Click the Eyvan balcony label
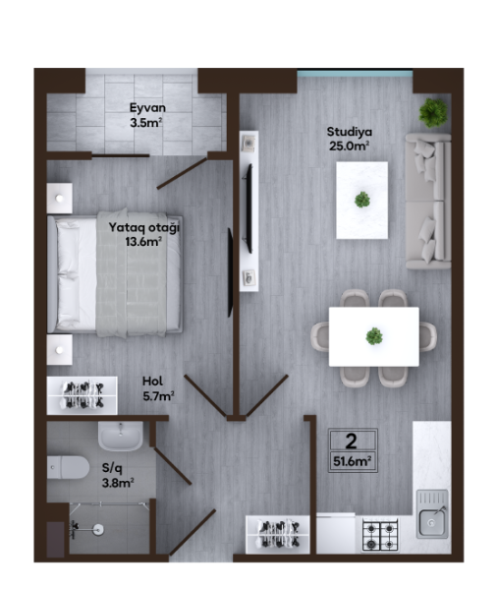pyautogui.click(x=147, y=115)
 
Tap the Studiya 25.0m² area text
pyautogui.click(x=350, y=139)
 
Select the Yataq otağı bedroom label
pyautogui.click(x=144, y=234)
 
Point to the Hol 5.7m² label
pyautogui.click(x=158, y=388)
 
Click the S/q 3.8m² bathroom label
pyautogui.click(x=118, y=475)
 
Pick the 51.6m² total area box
pyautogui.click(x=353, y=450)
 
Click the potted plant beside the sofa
pyautogui.click(x=433, y=112)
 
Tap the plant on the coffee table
pyautogui.click(x=362, y=200)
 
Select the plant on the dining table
pyautogui.click(x=374, y=336)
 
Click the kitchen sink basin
pyautogui.click(x=431, y=522)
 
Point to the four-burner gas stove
pyautogui.click(x=380, y=535)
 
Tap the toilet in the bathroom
pyautogui.click(x=68, y=468)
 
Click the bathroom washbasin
pyautogui.click(x=121, y=436)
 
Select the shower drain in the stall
pyautogui.click(x=99, y=529)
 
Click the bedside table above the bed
pyautogui.click(x=59, y=198)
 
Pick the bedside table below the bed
pyautogui.click(x=59, y=350)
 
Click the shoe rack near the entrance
pyautogui.click(x=277, y=534)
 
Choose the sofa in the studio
pyautogui.click(x=428, y=201)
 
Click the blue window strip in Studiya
pyautogui.click(x=355, y=73)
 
